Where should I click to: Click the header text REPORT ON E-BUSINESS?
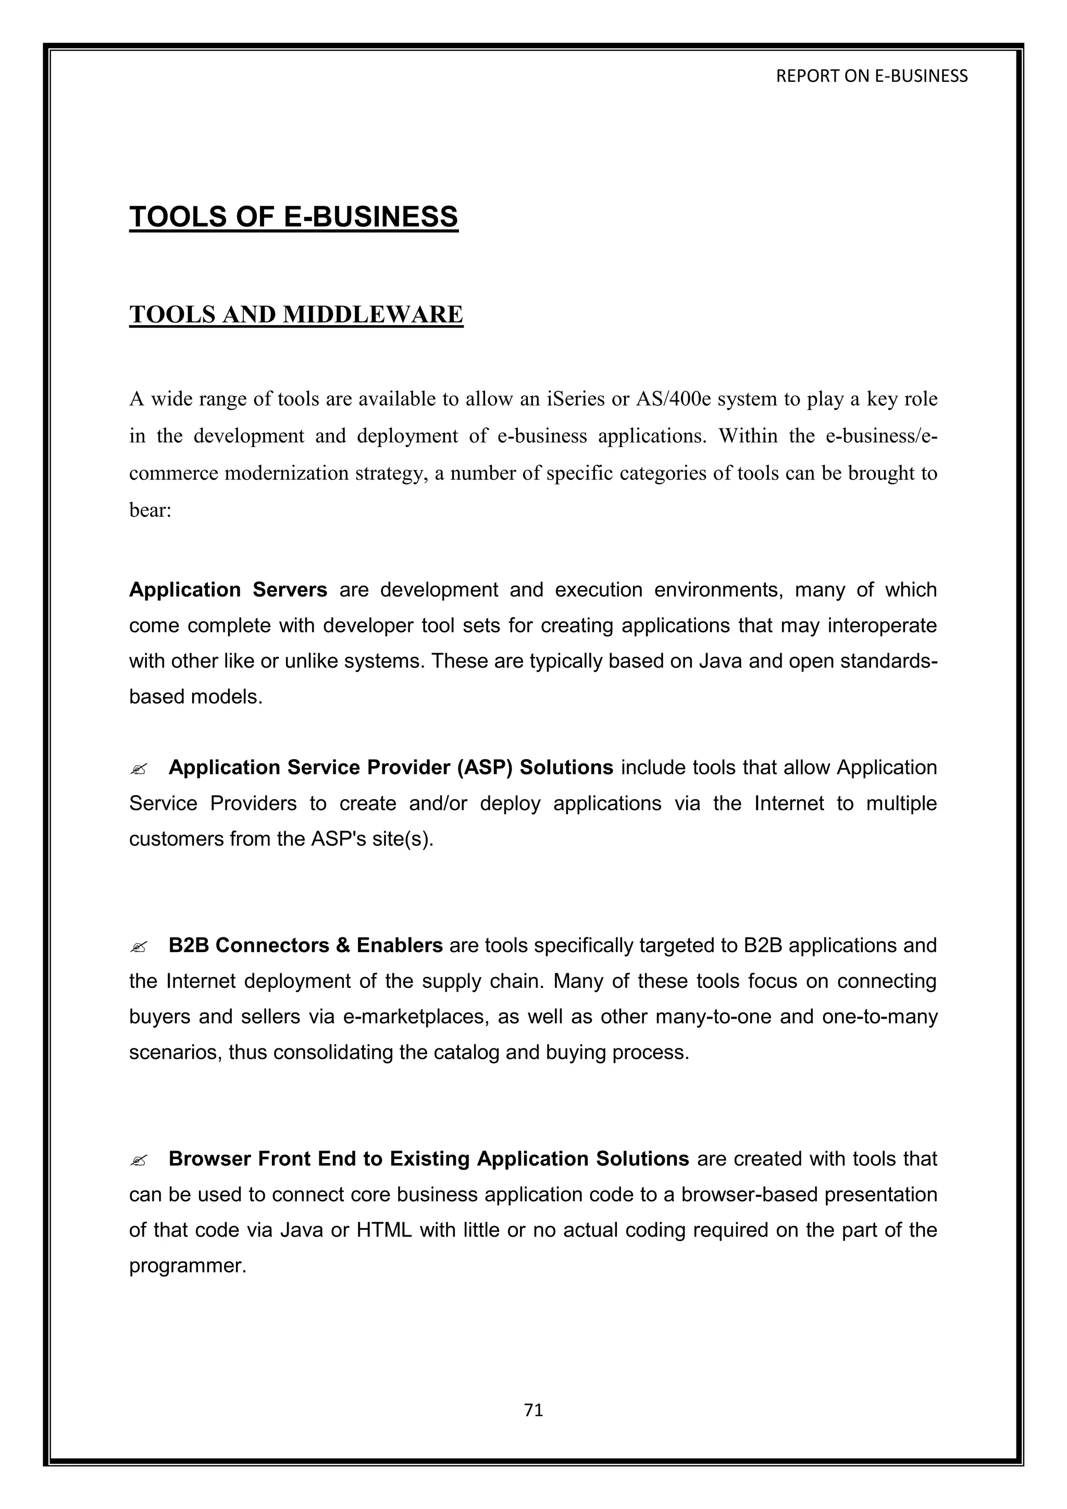point(871,76)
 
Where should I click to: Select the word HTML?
point(383,1230)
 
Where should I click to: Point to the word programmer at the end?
point(187,1266)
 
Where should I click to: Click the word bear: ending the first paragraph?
point(150,510)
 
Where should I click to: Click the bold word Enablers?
point(399,946)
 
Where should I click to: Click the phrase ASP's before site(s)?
point(334,839)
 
